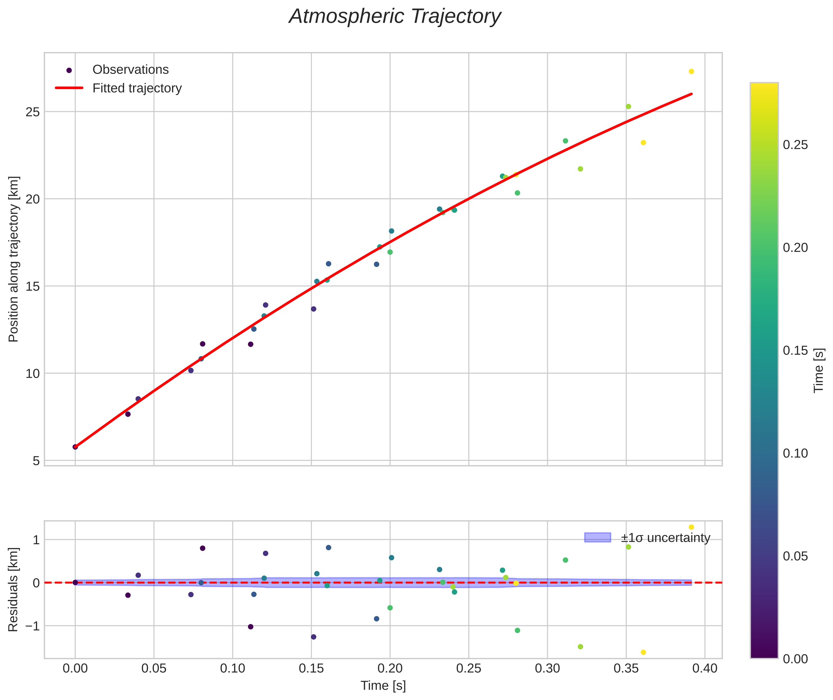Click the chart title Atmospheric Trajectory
tap(395, 17)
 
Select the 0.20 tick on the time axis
tap(390, 669)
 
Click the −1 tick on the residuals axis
tap(32, 626)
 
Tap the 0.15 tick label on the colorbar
tap(795, 350)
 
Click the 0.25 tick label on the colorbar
tap(795, 145)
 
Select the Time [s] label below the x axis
tap(383, 686)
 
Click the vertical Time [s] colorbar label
tap(819, 370)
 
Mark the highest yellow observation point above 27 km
tap(691, 71)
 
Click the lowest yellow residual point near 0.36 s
tap(643, 652)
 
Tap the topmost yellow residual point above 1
tap(691, 527)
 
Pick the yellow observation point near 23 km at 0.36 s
tap(643, 142)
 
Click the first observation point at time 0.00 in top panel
tap(75, 447)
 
